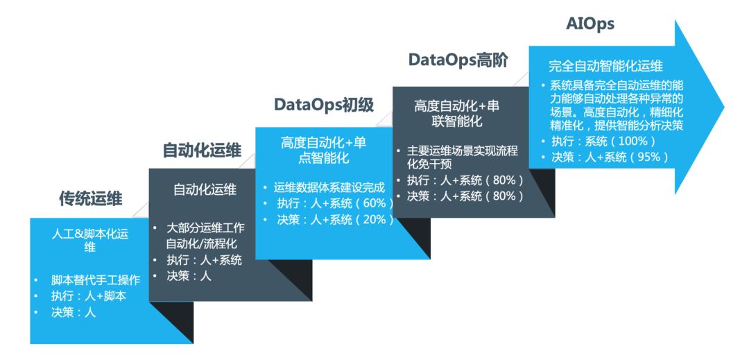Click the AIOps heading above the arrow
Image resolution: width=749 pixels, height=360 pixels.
590,25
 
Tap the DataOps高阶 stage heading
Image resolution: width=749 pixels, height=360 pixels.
458,60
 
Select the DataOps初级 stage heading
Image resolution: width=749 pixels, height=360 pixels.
324,105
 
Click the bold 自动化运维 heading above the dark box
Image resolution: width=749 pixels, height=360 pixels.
202,151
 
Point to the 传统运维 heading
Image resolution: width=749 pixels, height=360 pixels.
91,200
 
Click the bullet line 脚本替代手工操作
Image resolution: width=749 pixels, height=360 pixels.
96,281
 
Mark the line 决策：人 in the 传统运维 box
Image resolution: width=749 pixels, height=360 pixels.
73,312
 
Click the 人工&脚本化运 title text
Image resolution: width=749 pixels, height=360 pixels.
90,234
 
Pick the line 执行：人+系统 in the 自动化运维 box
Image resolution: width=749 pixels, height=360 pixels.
204,260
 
